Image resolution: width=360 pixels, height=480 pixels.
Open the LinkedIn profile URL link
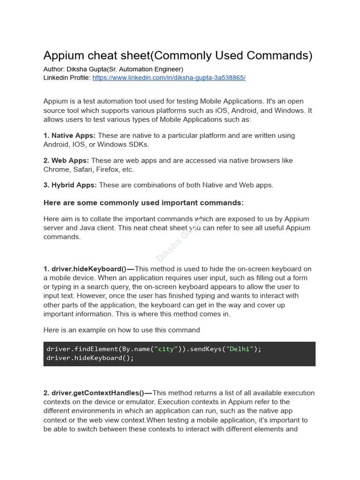169,78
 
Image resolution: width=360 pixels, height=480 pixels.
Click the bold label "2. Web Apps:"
66,160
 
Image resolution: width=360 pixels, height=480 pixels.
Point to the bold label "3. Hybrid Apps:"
70,185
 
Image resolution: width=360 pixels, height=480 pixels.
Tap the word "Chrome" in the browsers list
55,170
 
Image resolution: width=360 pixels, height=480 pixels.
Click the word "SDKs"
138,144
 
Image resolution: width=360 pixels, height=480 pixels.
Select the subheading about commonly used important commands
143,203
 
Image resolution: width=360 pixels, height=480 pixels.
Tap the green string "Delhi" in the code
240,349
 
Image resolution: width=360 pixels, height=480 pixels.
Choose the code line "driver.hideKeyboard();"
90,358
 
